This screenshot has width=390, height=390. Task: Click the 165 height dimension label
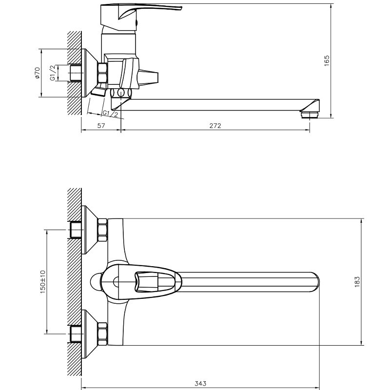click(327, 60)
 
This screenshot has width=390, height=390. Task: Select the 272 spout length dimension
click(215, 126)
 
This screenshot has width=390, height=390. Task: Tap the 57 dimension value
click(101, 126)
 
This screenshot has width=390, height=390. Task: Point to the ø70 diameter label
click(38, 73)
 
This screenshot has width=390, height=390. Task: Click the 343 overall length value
click(200, 383)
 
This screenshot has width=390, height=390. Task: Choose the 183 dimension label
click(357, 282)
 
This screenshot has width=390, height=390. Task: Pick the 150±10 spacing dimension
click(43, 282)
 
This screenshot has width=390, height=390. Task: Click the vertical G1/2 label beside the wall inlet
click(53, 73)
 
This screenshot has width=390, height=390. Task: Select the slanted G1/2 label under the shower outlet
click(111, 114)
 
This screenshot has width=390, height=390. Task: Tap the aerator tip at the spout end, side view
click(310, 115)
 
